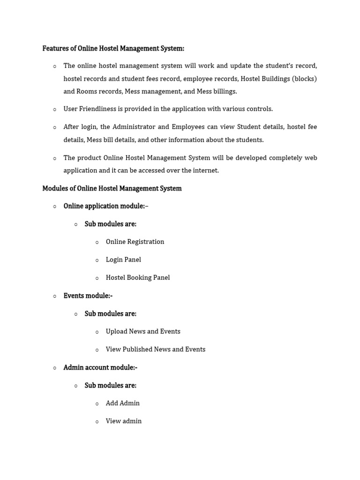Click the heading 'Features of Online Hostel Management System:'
pos(113,48)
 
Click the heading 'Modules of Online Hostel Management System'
pos(112,188)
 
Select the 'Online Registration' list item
pos(135,242)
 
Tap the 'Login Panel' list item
pos(123,260)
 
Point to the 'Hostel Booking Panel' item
pos(138,277)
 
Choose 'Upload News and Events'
pos(143,331)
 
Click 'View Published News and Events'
pos(156,349)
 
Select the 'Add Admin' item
pos(123,403)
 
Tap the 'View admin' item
pos(124,421)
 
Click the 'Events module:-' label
pos(88,296)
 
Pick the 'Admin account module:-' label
pos(100,367)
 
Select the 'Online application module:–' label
pos(106,206)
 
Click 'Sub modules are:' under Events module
pos(111,314)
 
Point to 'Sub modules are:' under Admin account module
pos(111,385)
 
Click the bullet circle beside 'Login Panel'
pos(97,261)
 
